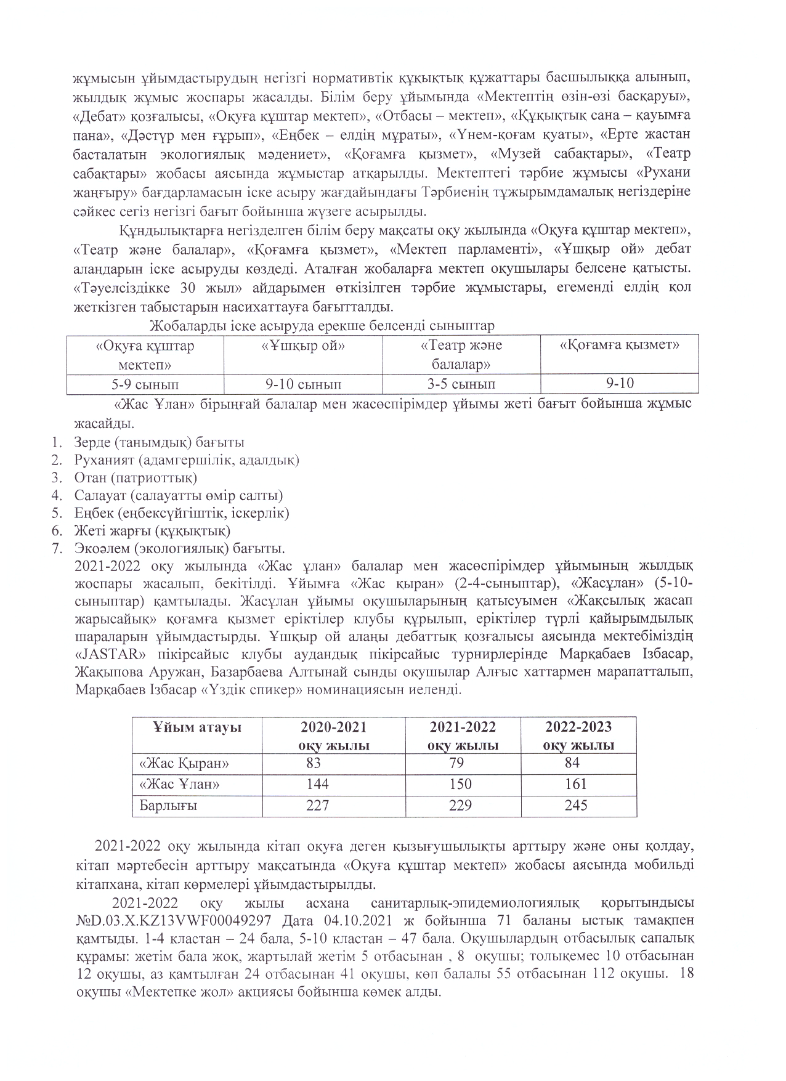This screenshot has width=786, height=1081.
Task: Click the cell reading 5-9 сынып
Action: pos(145,384)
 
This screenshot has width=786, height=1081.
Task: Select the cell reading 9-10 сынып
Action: pos(303,384)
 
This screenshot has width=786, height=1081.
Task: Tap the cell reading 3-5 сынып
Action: pos(461,384)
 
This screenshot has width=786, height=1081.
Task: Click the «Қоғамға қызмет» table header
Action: pos(619,345)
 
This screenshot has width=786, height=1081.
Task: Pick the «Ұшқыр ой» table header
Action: pos(303,346)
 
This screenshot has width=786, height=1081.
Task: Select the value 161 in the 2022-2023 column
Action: pos(576,784)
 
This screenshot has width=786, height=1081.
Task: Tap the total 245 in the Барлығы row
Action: pos(576,805)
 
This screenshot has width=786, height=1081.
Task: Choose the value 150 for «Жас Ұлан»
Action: pos(461,784)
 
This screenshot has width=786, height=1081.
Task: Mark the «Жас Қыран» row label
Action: pos(184,763)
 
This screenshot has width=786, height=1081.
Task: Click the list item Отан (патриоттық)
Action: pos(136,477)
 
